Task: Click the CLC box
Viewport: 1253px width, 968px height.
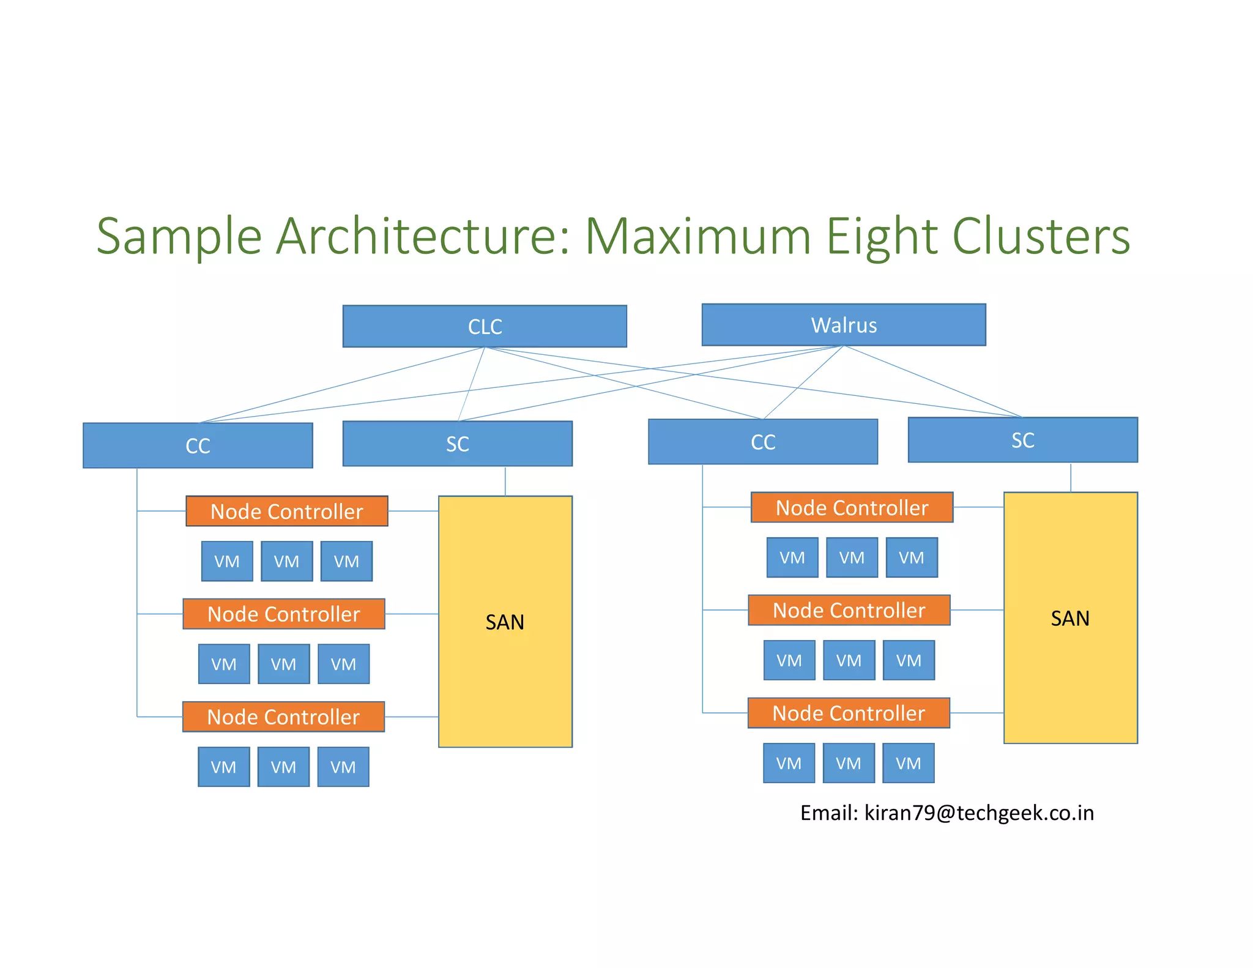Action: tap(485, 326)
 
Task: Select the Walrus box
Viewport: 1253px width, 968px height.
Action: tap(843, 325)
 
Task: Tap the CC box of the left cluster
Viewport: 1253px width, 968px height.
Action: tap(198, 445)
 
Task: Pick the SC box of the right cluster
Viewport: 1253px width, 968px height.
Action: tap(1022, 440)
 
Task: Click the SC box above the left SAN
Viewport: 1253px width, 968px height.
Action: tap(457, 444)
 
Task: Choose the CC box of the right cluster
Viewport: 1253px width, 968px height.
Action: tap(762, 442)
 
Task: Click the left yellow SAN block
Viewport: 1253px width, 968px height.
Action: tap(505, 673)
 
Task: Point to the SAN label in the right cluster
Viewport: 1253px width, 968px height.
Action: tap(1070, 619)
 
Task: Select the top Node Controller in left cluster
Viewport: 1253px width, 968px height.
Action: tap(286, 511)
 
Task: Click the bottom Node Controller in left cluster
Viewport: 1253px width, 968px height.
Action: tap(283, 717)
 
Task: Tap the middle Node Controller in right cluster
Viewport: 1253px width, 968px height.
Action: tap(849, 610)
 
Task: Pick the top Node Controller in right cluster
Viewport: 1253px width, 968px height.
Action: tap(852, 507)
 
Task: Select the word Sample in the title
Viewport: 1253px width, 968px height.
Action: tap(179, 237)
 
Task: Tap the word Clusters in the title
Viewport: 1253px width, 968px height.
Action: tap(1041, 237)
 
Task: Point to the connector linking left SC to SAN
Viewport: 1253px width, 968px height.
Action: tap(505, 481)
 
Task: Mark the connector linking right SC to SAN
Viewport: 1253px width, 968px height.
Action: tap(1071, 477)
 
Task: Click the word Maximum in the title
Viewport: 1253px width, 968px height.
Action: tap(697, 237)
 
